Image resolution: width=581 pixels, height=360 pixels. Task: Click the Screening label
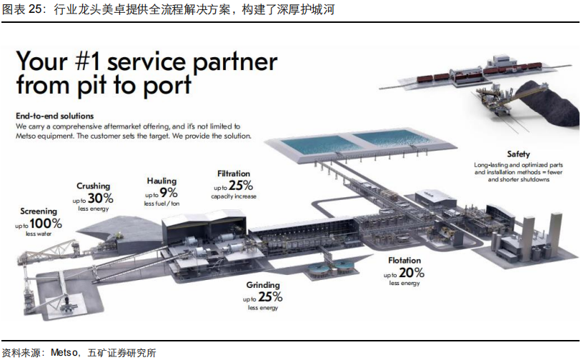(39, 211)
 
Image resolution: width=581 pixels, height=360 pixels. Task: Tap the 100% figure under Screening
(46, 224)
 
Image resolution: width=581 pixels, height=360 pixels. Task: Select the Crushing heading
(94, 186)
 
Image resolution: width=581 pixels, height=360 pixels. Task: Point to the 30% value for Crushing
(101, 198)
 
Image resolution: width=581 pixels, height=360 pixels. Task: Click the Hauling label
(162, 181)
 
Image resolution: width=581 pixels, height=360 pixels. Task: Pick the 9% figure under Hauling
(169, 193)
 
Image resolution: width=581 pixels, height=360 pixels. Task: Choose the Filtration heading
(234, 174)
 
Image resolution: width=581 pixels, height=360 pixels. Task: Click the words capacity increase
(234, 196)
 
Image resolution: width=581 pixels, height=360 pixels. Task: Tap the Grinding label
(263, 285)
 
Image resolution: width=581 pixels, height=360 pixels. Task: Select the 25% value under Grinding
(270, 297)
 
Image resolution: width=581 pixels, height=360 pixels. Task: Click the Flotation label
(404, 261)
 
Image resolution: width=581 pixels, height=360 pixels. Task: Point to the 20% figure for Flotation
(412, 273)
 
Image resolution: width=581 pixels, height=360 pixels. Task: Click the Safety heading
(518, 154)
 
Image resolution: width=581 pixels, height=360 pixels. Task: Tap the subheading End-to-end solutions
(55, 116)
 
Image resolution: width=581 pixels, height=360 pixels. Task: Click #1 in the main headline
(87, 61)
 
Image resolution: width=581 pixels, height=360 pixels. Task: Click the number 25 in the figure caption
(34, 9)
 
